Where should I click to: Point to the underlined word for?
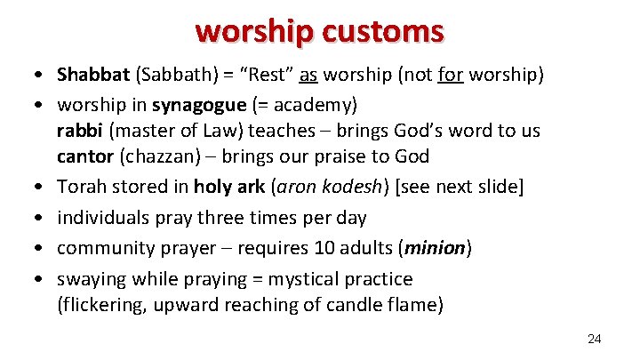(451, 74)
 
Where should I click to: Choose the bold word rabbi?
(80, 131)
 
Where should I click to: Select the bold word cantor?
(85, 156)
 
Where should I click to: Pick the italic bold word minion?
(437, 248)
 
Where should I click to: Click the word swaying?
(93, 279)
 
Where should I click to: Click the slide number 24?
(595, 339)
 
